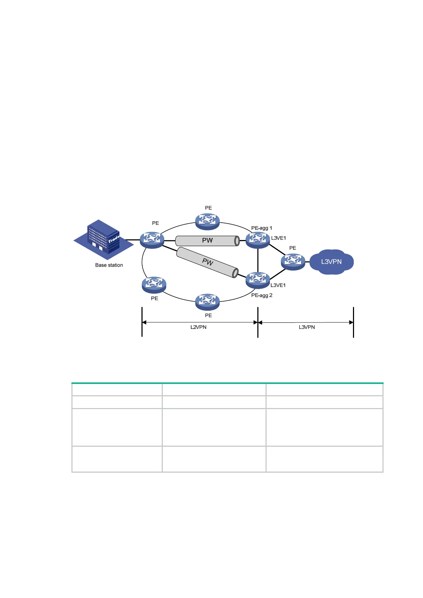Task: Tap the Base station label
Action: coord(109,265)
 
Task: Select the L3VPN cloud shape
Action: coord(331,262)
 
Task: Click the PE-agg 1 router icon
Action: coord(258,240)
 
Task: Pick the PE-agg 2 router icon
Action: coord(258,280)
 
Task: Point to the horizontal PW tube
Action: coord(207,241)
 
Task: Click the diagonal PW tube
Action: coord(207,262)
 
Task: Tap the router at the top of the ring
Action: coord(207,221)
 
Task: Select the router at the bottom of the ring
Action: coord(207,302)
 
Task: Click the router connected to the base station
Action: coord(152,240)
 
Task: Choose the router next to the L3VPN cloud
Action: coord(293,262)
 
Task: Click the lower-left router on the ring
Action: coord(154,285)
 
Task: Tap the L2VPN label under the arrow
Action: coord(198,327)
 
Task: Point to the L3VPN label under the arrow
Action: coord(307,327)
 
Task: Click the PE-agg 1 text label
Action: coord(262,228)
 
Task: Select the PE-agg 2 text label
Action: coord(262,295)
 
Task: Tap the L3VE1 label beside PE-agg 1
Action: coord(278,238)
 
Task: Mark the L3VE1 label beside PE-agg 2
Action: coord(278,286)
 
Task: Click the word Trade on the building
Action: coord(114,239)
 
